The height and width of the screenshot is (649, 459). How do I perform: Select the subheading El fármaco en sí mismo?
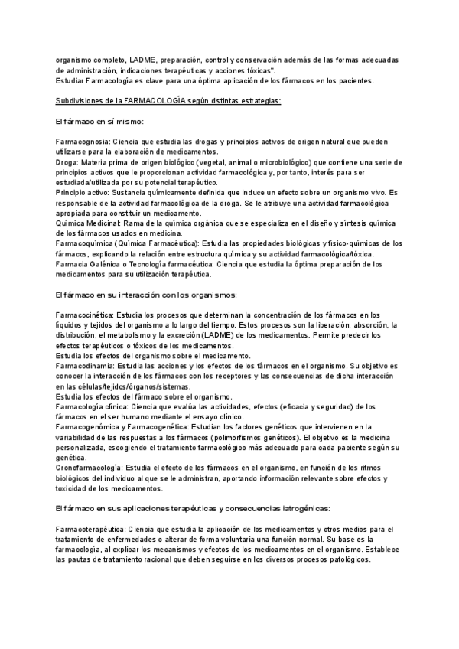coord(100,122)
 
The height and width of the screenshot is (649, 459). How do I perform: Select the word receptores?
coord(239,376)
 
